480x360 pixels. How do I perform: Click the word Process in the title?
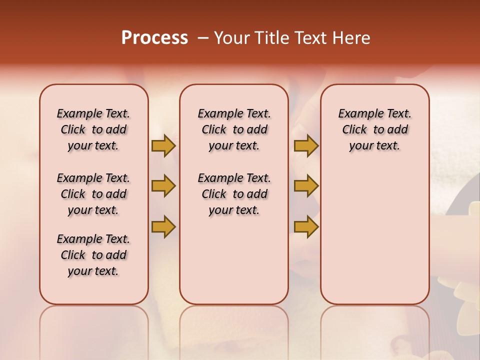click(x=154, y=38)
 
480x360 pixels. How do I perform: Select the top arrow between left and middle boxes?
click(x=163, y=145)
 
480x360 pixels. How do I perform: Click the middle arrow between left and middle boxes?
click(x=163, y=186)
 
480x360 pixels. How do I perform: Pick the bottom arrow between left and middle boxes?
click(x=163, y=226)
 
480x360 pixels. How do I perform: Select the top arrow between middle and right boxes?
click(x=306, y=145)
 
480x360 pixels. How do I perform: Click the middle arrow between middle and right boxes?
click(x=306, y=186)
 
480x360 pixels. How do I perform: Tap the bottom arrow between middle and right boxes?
click(x=306, y=226)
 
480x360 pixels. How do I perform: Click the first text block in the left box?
click(x=93, y=129)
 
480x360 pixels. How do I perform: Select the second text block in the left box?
click(x=93, y=194)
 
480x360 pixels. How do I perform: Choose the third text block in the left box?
click(x=93, y=255)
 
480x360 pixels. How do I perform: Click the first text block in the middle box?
click(x=234, y=129)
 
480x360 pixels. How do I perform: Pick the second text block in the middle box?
click(x=234, y=194)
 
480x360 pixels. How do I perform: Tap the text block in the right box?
click(x=375, y=129)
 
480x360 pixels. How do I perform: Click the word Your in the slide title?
click(x=231, y=38)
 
